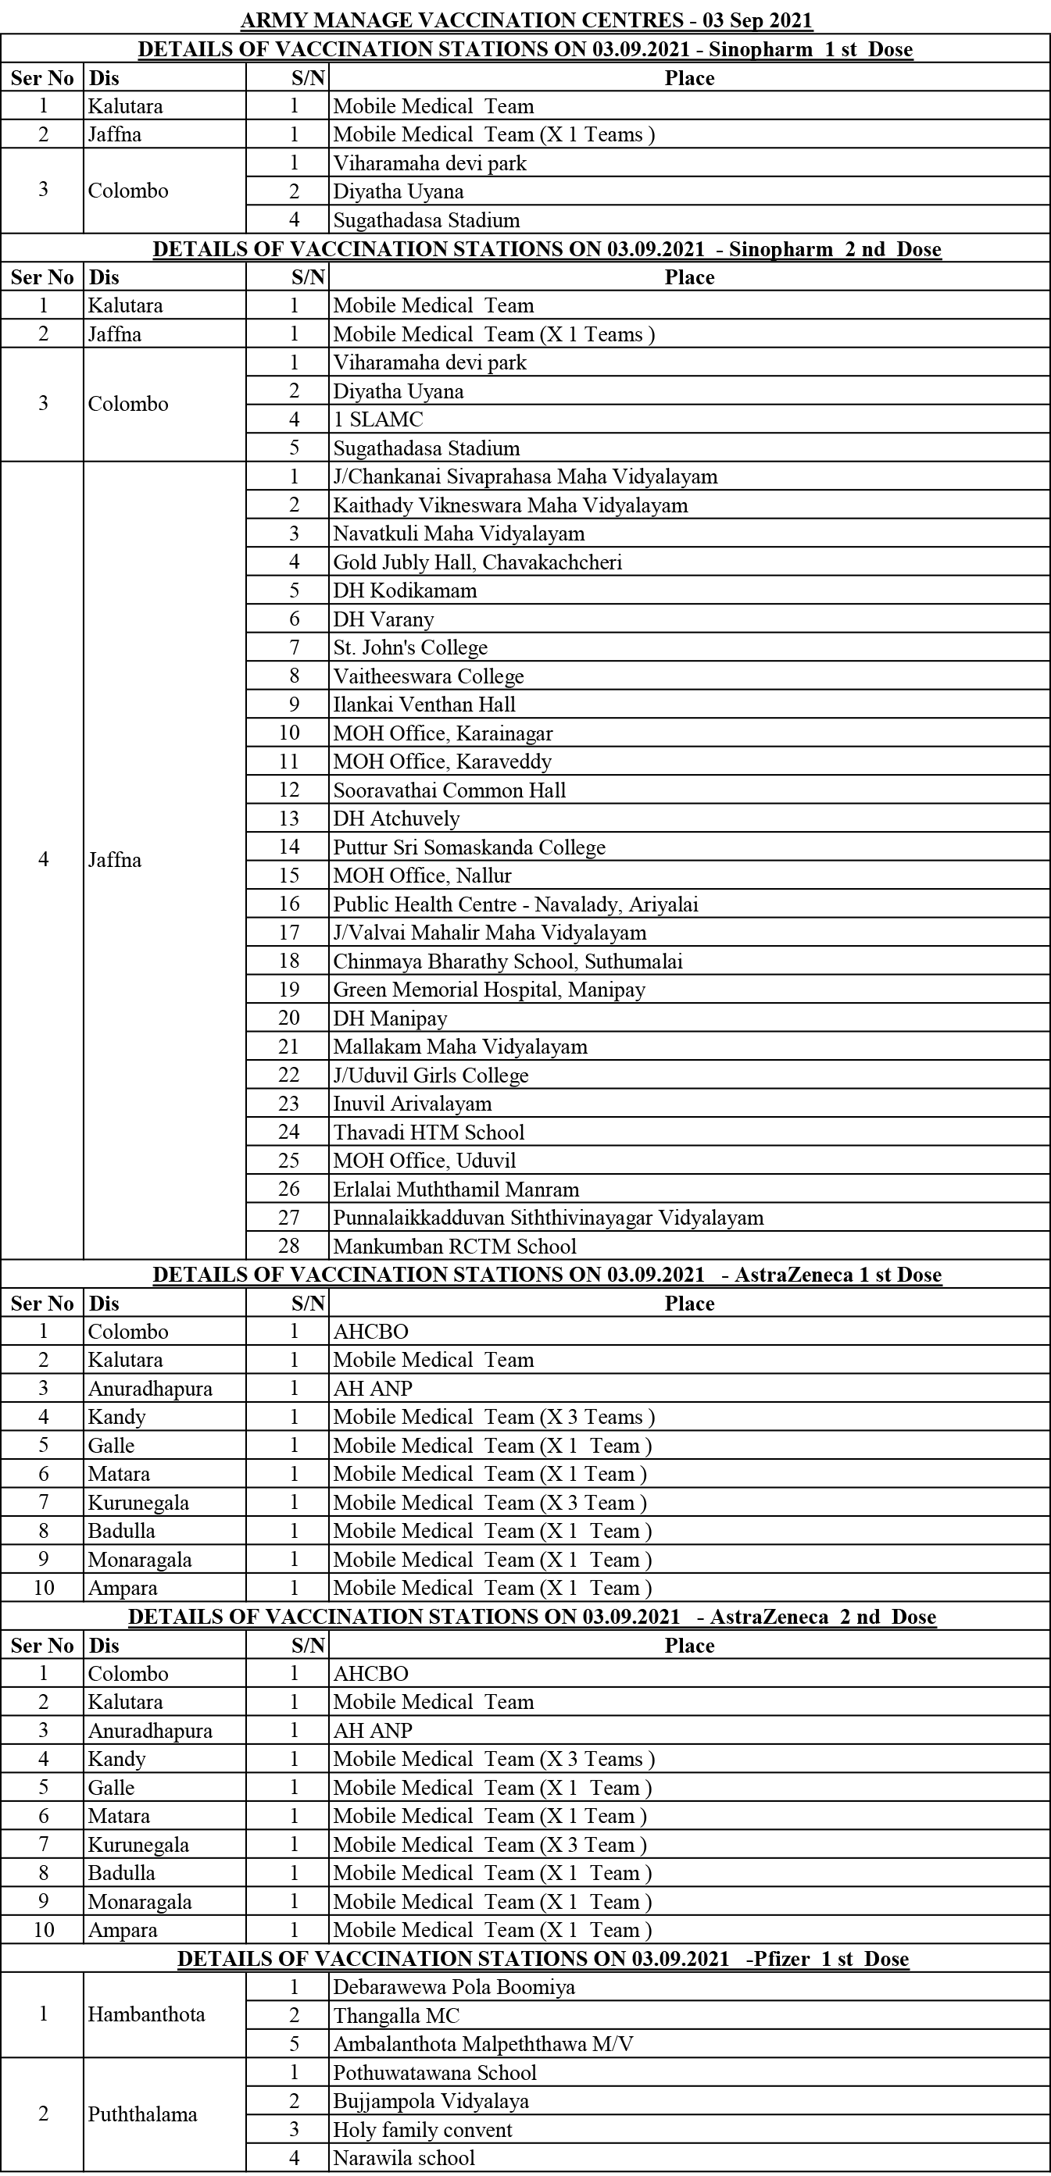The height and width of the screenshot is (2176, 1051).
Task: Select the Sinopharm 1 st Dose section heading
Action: [525, 49]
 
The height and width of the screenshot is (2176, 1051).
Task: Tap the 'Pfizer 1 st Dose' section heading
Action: [542, 1958]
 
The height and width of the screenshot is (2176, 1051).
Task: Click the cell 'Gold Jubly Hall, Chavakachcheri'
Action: [477, 562]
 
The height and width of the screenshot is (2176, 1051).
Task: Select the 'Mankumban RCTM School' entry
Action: [455, 1246]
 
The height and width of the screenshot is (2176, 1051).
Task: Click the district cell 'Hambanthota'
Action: [146, 2014]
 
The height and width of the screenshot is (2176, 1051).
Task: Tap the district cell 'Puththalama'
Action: [142, 2114]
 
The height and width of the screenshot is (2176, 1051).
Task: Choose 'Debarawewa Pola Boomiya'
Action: [454, 1986]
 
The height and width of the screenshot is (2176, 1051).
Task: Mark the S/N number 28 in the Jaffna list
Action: [289, 1246]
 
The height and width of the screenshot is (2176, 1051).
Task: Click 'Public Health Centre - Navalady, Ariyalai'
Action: [516, 904]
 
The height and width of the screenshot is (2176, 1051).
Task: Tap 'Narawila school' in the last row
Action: [404, 2157]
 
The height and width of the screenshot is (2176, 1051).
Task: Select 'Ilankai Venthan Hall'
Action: [424, 705]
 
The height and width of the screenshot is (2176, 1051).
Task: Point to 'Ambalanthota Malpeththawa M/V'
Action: [482, 2043]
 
